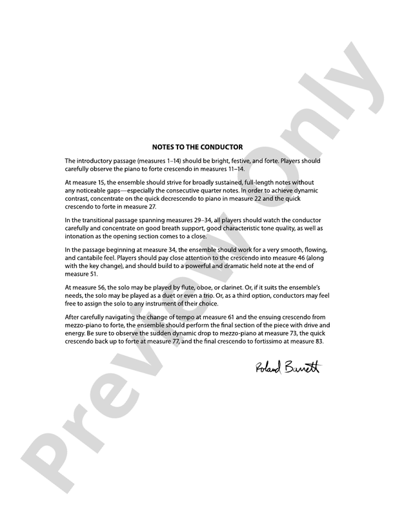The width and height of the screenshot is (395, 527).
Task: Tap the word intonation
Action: (x=81, y=237)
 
